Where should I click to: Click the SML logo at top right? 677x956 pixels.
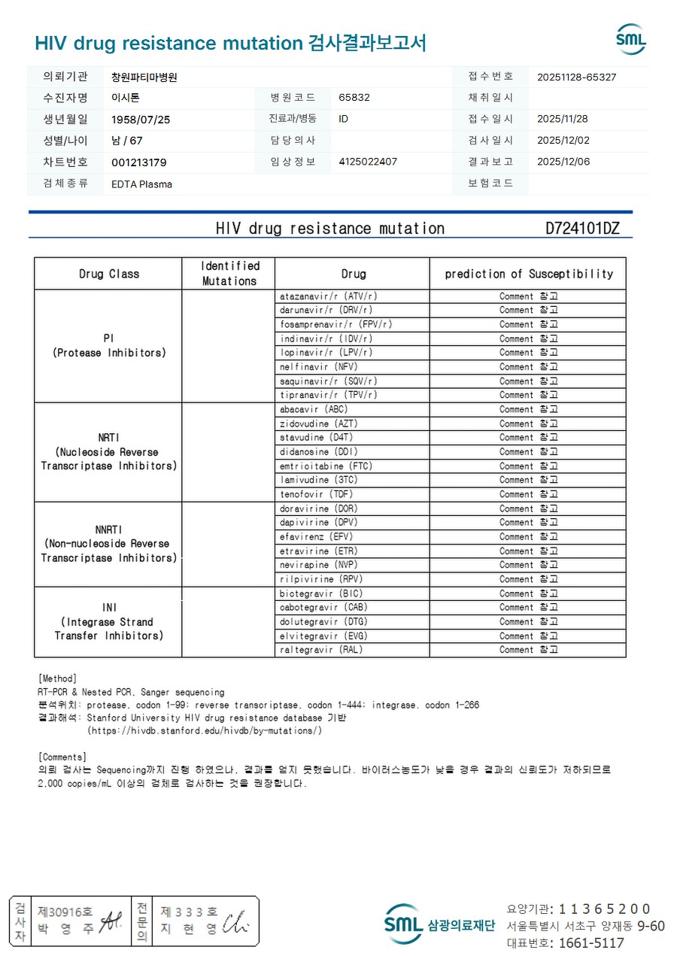(630, 39)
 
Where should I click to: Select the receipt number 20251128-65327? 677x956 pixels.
(577, 77)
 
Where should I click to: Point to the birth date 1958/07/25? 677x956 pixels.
(141, 119)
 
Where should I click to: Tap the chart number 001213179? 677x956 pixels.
(139, 162)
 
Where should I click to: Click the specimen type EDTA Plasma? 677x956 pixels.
(141, 184)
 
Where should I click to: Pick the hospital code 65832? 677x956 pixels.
(354, 98)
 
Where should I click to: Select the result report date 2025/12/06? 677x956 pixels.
(563, 162)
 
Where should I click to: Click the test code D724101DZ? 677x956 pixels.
(582, 229)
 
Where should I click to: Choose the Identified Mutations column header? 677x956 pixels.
(229, 274)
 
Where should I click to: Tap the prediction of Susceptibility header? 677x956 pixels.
(529, 274)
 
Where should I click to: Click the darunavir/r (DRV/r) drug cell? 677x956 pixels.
(326, 310)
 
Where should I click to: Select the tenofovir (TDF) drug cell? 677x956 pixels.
(316, 494)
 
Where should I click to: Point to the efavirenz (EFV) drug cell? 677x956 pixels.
(316, 536)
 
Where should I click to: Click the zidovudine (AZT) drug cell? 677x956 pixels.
(319, 423)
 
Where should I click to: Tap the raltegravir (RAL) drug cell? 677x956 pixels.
(321, 650)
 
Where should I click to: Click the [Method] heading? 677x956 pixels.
(57, 678)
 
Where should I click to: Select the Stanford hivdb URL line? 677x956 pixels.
(205, 730)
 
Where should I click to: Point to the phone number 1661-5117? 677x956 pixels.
(587, 943)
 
